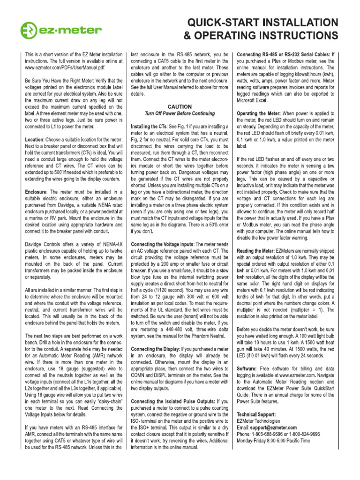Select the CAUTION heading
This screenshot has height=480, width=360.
tap(180, 106)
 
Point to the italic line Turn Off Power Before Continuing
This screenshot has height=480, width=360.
tap(180, 113)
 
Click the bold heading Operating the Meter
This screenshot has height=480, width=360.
tap(259, 113)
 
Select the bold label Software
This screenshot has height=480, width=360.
tap(249, 369)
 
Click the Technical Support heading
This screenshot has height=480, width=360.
tap(256, 415)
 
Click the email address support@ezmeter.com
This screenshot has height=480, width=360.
tap(274, 427)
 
